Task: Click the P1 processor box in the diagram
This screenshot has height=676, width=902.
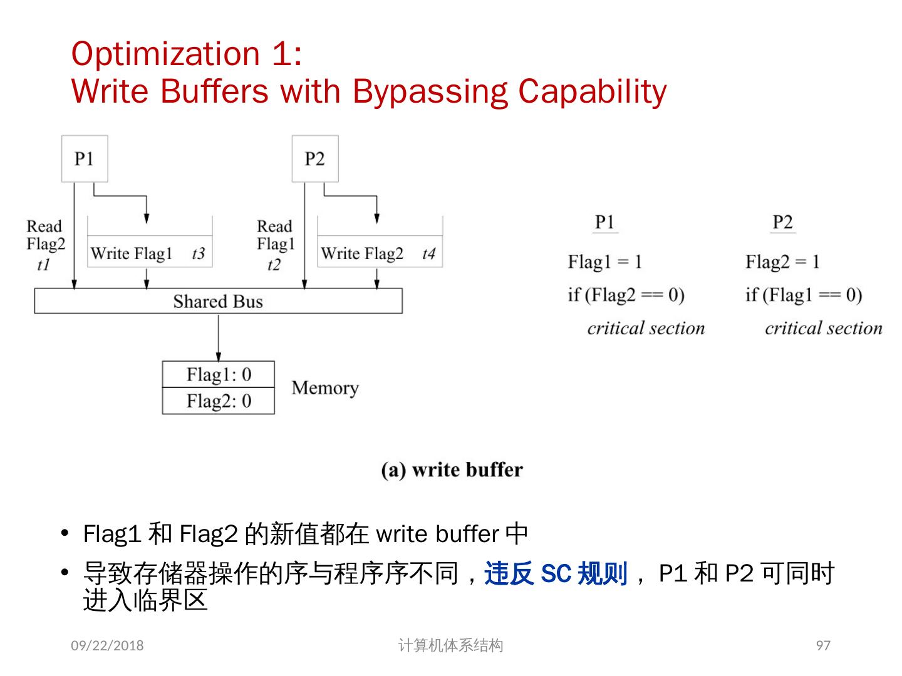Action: point(85,159)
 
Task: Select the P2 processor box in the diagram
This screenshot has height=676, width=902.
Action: point(315,159)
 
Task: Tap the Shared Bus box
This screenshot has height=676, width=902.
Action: point(218,301)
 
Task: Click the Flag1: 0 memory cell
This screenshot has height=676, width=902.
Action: point(219,374)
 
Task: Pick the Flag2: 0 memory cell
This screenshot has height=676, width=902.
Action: point(219,401)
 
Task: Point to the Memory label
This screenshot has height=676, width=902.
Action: point(325,388)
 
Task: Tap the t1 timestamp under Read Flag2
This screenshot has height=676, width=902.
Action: point(43,265)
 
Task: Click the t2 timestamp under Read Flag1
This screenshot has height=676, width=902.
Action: point(274,265)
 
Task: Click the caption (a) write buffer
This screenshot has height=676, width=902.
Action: point(452,469)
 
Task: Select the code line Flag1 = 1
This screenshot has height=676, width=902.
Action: point(605,262)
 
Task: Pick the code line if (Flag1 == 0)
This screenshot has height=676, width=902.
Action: point(804,294)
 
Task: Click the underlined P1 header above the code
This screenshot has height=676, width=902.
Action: point(604,222)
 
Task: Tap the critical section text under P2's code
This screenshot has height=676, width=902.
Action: point(823,328)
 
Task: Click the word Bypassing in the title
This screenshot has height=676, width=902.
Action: point(430,91)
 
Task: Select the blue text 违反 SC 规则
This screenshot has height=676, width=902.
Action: point(556,573)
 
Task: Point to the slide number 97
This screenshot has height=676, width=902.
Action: point(823,645)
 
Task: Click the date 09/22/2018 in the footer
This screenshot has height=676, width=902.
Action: point(107,645)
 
